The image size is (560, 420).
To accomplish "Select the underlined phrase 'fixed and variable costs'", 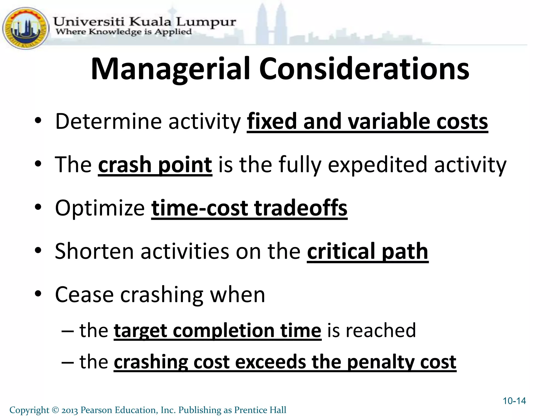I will tap(367, 121).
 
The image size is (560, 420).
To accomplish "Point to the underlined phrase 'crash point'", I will tap(155, 165).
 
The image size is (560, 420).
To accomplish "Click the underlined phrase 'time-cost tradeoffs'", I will tap(249, 208).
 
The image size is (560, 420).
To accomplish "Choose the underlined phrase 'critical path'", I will tap(367, 251).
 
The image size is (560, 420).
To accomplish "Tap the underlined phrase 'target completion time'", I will tap(217, 331).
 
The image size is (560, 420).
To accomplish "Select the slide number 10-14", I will tap(514, 401).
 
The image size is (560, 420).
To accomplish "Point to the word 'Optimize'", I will tap(100, 208).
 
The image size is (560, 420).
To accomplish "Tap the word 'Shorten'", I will tap(94, 251).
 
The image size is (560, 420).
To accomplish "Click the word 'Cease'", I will tap(84, 295).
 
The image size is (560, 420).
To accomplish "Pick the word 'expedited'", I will tap(377, 165).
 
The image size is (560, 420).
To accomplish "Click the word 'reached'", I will tap(381, 331).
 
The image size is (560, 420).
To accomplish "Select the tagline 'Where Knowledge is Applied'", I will tap(124, 32).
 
